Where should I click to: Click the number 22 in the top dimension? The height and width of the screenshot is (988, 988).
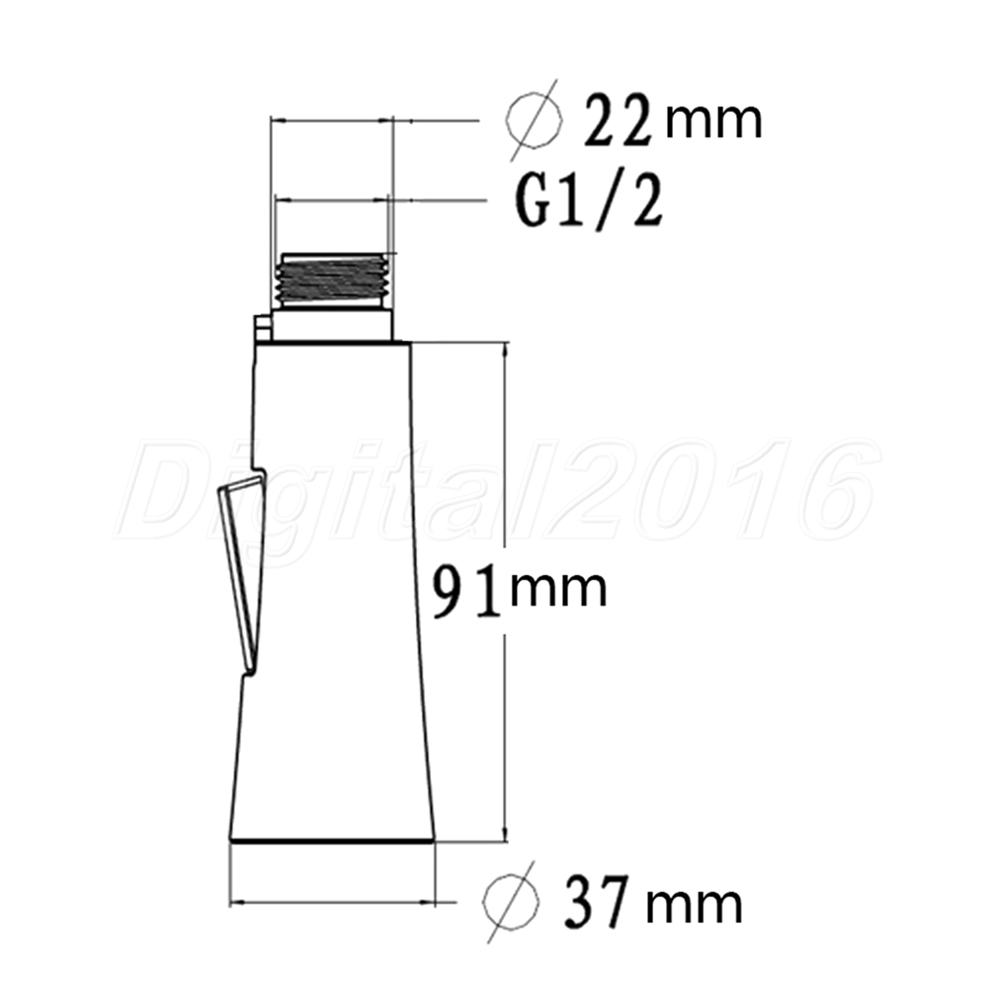click(617, 121)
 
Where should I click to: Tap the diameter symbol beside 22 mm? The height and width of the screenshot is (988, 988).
click(534, 120)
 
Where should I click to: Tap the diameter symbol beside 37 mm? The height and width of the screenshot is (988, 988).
click(511, 902)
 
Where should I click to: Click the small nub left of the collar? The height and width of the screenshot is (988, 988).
click(262, 328)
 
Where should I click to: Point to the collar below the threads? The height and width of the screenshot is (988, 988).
click(332, 325)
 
